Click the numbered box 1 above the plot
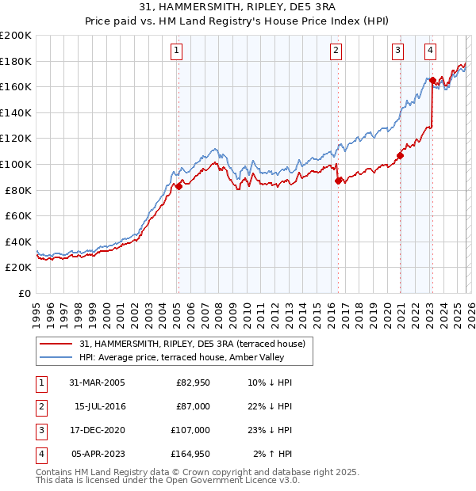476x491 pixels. tap(176, 51)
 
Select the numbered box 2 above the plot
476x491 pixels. tap(336, 51)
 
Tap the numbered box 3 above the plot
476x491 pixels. tap(397, 51)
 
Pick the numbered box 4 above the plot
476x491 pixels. tap(430, 51)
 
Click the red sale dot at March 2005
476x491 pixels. tap(178, 186)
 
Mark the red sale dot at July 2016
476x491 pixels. tap(338, 181)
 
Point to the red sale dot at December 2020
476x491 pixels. tap(400, 155)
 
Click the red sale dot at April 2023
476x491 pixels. tap(432, 80)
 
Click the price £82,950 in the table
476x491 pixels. tap(192, 383)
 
